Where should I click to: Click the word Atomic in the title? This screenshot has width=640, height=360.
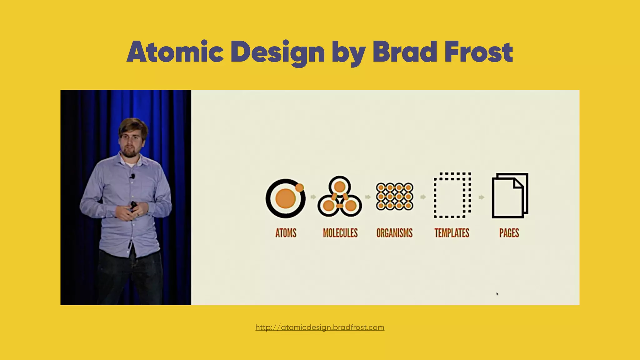point(175,52)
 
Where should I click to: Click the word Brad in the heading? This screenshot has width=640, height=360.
point(404,52)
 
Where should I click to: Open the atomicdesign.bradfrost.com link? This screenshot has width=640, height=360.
point(320,327)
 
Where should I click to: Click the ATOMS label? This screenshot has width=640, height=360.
point(286,233)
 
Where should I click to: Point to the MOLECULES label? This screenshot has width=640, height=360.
point(340,233)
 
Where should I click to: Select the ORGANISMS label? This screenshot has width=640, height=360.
point(394,233)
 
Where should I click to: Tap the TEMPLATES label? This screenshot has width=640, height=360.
point(452,233)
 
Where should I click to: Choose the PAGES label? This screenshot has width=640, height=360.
point(509,233)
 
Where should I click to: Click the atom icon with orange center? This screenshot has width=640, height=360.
point(285,198)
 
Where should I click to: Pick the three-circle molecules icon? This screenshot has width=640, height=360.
point(340,197)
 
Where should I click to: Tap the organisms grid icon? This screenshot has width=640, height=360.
point(395,197)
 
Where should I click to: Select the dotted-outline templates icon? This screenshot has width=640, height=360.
point(452,195)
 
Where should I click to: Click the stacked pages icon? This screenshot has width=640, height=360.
point(510,196)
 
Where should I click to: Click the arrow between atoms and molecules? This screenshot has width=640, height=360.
point(313,197)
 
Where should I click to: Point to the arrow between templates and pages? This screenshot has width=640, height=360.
point(481,197)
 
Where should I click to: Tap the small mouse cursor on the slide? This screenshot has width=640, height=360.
point(497,294)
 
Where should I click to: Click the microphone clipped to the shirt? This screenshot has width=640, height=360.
point(133,176)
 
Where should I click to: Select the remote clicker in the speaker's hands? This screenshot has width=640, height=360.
point(133,206)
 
